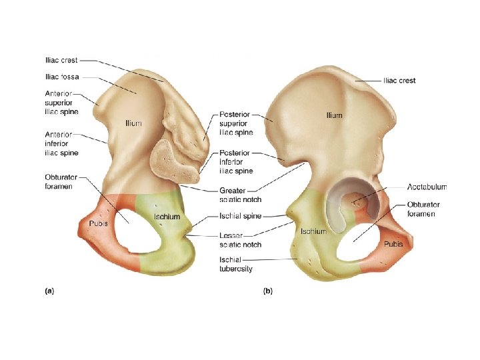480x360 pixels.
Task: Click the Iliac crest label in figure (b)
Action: tap(399, 81)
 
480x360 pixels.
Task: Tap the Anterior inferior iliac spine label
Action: tap(61, 143)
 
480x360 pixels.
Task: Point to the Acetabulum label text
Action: tap(427, 187)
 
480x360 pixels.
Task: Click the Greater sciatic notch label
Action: tap(240, 195)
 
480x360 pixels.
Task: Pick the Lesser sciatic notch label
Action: tap(240, 240)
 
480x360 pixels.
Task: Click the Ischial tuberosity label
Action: tap(236, 264)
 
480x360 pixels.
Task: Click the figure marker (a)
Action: tap(49, 290)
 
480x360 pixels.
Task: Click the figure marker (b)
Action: tap(267, 290)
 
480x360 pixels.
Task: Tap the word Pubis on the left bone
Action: tap(100, 223)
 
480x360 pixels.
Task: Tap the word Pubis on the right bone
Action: tap(393, 244)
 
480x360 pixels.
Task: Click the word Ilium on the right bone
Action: tap(334, 115)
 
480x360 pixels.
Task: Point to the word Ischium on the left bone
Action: tap(167, 217)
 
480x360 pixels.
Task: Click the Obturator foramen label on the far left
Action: tap(61, 181)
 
